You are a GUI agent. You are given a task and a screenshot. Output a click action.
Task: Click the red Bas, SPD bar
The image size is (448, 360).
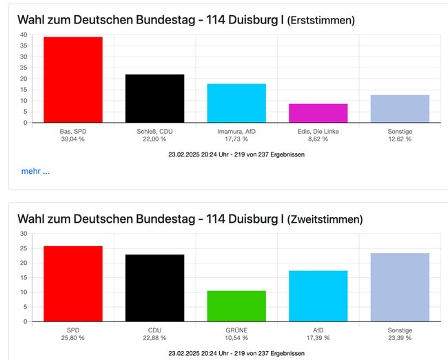point(72,80)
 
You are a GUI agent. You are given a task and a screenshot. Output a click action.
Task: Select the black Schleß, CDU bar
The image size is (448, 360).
point(154,99)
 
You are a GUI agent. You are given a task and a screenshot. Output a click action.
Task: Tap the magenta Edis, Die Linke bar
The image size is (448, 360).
point(318,113)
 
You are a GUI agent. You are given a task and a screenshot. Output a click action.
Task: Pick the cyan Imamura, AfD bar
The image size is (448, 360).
point(236,103)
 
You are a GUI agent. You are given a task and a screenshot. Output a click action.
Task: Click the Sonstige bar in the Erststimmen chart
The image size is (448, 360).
point(400,109)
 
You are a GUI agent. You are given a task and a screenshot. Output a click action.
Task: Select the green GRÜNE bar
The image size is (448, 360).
point(236,306)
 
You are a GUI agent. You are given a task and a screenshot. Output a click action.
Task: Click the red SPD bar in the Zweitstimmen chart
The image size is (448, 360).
point(72,283)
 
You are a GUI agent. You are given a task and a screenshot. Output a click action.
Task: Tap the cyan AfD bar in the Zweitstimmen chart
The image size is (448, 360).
point(318,296)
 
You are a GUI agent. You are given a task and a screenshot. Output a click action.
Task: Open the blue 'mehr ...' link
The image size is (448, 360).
point(35,171)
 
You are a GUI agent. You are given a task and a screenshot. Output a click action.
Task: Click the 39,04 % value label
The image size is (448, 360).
point(72,139)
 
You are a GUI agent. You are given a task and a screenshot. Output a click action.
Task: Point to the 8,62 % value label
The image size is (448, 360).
point(318,139)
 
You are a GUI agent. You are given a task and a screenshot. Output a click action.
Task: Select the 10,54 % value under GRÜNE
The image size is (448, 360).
point(236,338)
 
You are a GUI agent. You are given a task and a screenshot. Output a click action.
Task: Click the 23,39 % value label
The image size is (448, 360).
point(400,338)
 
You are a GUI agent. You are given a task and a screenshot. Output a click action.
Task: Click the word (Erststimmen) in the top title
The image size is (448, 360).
point(320,21)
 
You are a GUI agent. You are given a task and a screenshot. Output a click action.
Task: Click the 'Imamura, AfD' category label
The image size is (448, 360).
point(236,130)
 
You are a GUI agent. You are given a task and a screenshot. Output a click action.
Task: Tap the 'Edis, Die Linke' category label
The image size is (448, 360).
point(318,130)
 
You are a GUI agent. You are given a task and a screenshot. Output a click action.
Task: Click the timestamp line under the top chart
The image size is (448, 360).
point(236,154)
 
